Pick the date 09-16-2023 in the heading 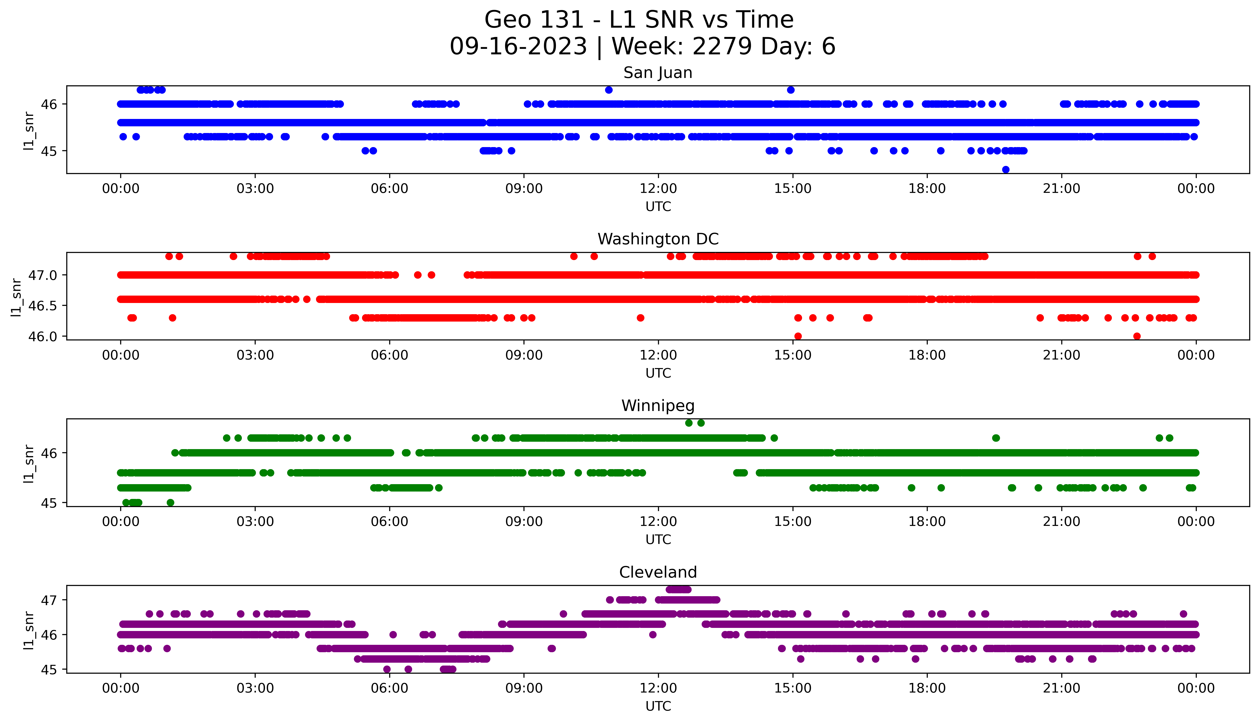(x=518, y=47)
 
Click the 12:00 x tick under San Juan (x=658, y=189)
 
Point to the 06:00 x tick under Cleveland (x=389, y=688)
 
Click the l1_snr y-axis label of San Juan (x=29, y=131)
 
